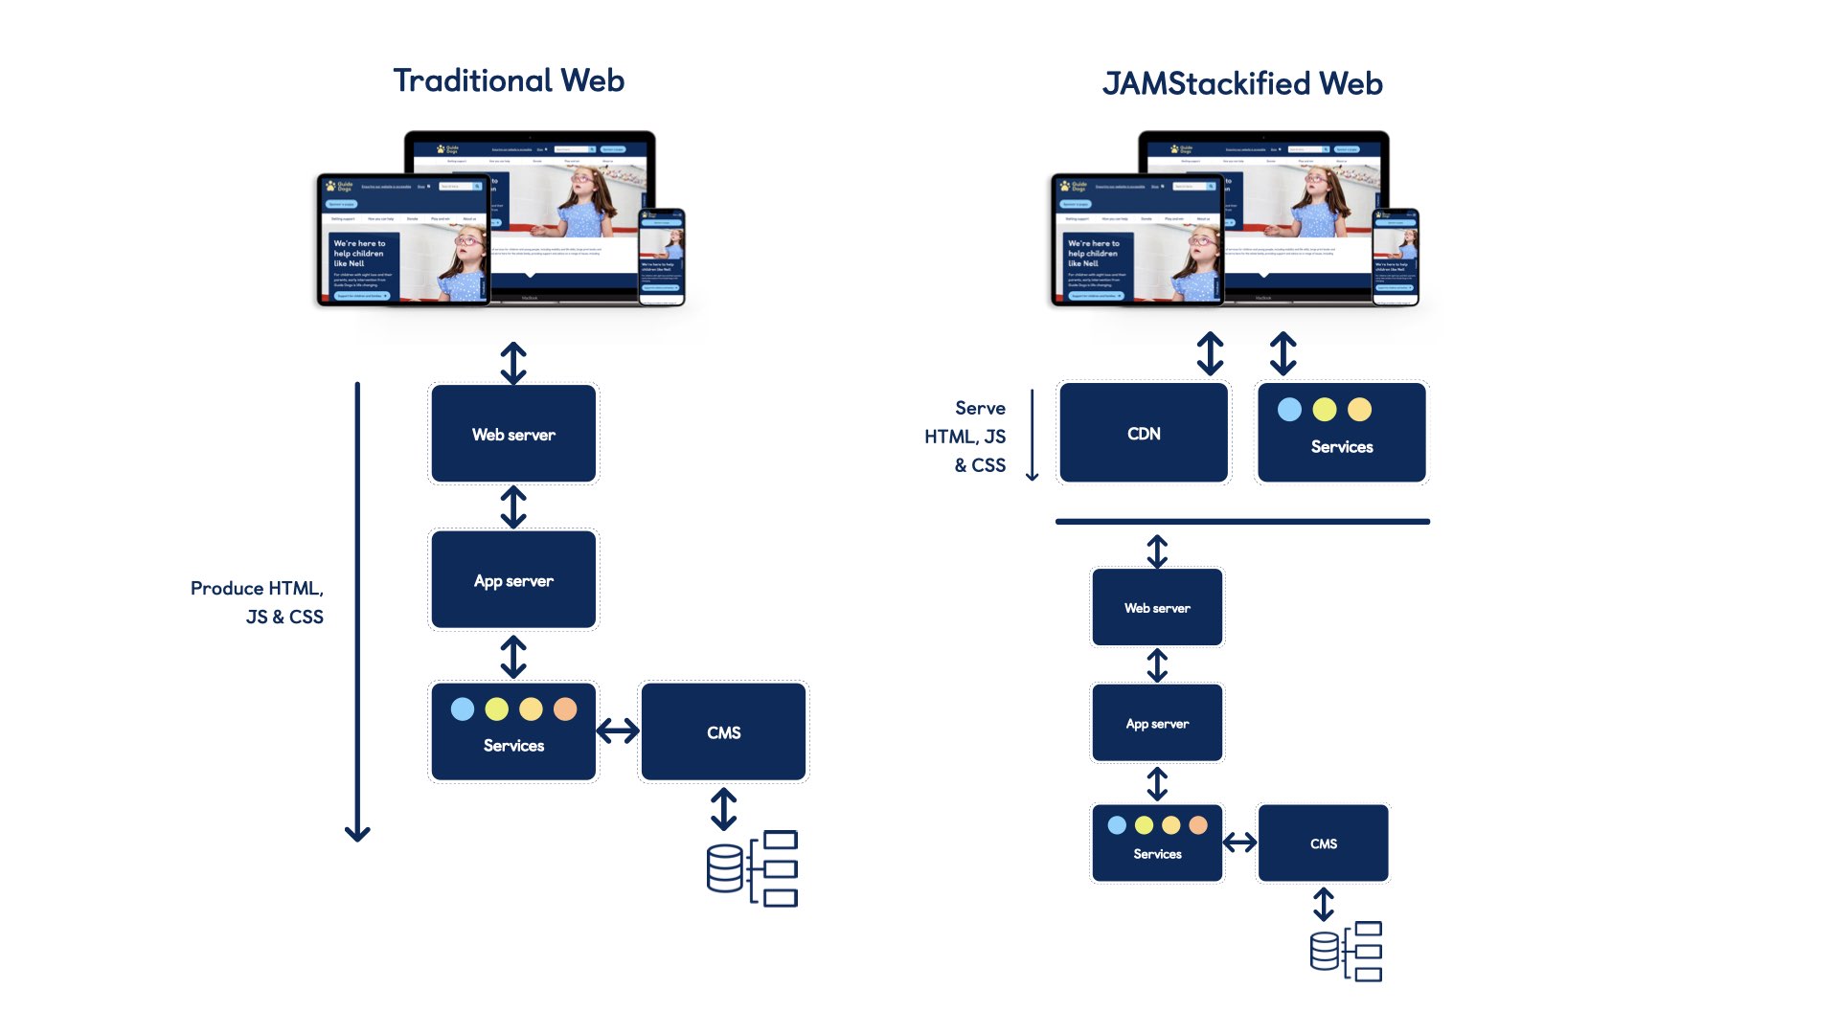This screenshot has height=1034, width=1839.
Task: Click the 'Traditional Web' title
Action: [x=509, y=80]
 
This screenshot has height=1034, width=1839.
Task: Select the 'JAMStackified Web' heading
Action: [x=1242, y=84]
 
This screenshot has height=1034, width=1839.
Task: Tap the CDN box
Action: [x=1144, y=434]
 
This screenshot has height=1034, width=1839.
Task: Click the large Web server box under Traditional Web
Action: [x=513, y=434]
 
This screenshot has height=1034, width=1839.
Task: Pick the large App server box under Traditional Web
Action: [x=513, y=580]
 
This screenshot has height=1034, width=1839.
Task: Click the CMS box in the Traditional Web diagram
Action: [x=723, y=732]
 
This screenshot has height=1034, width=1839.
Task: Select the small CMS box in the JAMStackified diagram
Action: [x=1323, y=843]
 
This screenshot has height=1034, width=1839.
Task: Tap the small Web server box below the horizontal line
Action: [x=1157, y=608]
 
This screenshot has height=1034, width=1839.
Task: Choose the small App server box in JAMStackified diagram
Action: [x=1157, y=724]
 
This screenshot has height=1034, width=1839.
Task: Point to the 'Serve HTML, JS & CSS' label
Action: [x=967, y=437]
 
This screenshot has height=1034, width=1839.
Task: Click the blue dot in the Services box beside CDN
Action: [x=1289, y=410]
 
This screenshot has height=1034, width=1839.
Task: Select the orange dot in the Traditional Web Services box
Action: [x=565, y=709]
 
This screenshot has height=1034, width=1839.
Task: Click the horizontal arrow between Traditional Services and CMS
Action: [x=618, y=731]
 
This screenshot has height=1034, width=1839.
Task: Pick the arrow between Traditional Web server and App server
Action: [x=513, y=507]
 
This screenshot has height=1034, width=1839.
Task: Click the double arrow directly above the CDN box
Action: [x=1210, y=353]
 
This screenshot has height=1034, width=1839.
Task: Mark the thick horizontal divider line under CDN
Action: [x=1242, y=522]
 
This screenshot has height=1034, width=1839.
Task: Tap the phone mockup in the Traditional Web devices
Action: [x=662, y=257]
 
